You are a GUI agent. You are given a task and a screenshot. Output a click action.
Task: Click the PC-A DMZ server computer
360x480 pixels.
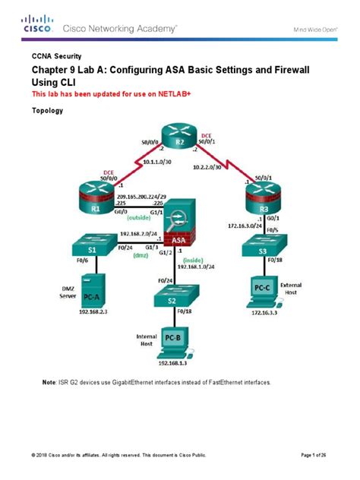[x=89, y=289]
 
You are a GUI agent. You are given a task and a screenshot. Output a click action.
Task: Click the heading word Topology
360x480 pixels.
[x=47, y=110]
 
